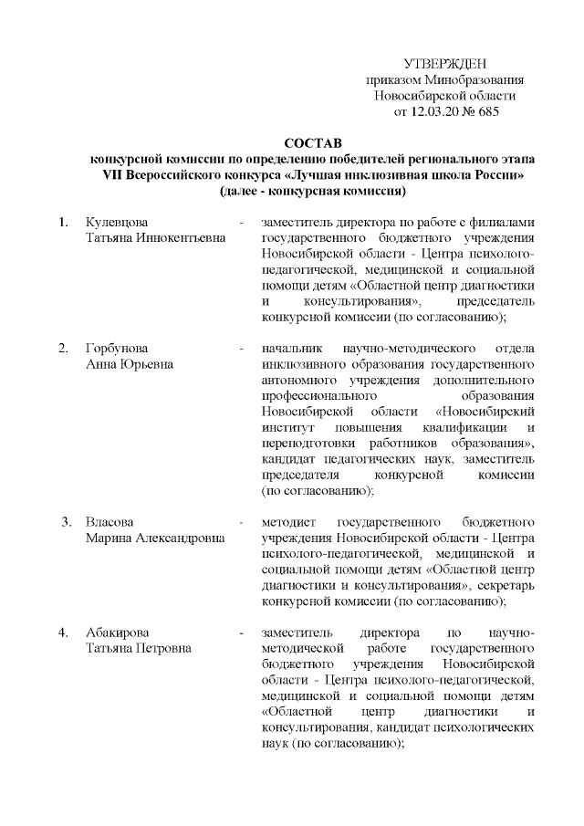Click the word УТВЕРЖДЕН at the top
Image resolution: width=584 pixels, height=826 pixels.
445,63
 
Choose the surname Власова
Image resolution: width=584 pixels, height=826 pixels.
110,522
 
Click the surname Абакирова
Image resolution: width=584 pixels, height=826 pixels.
118,632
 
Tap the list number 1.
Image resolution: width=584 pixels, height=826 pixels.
62,223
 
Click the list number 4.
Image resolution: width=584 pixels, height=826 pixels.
62,632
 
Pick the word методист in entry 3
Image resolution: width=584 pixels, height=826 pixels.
287,522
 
